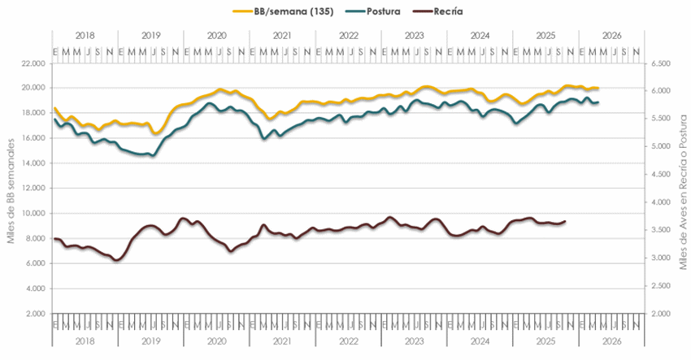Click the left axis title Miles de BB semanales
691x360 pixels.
coord(11,189)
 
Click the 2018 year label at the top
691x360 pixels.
coord(85,36)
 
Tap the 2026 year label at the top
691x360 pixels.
coord(611,36)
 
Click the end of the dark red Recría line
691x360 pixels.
coord(565,221)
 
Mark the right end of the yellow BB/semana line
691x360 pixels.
coord(598,88)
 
